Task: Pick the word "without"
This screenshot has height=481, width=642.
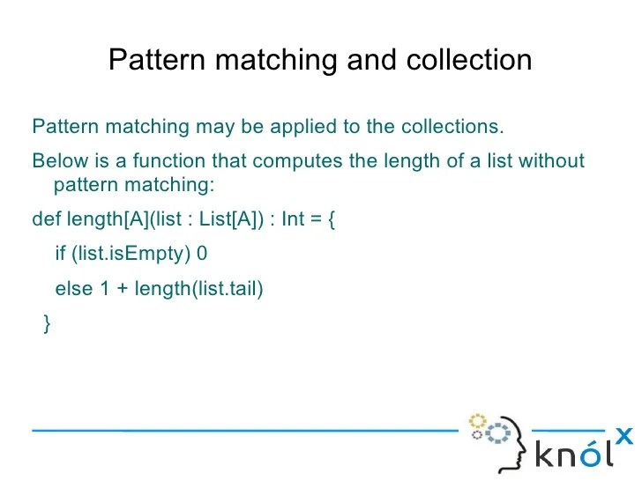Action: (x=552, y=161)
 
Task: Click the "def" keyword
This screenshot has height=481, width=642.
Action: (x=47, y=218)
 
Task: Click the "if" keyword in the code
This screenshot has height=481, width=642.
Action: (x=60, y=254)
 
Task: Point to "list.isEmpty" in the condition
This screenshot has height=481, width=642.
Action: (x=131, y=254)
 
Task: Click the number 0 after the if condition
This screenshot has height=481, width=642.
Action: (x=202, y=254)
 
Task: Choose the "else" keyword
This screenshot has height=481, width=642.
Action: (x=73, y=289)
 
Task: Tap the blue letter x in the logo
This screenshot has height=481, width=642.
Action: (x=623, y=434)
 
